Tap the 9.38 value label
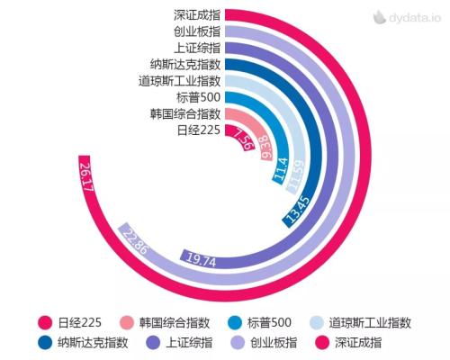point(265,146)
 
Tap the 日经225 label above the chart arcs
point(199,130)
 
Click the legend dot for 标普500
point(234,322)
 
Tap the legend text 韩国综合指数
point(175,322)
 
